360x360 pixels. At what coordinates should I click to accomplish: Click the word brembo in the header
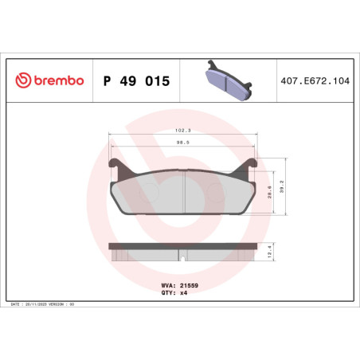point(57,80)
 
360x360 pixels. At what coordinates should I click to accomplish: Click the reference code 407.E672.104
point(315,80)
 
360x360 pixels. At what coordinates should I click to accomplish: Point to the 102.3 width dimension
point(184,132)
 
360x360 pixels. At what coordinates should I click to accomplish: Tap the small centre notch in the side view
point(184,257)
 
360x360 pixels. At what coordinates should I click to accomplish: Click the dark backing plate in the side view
point(184,245)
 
